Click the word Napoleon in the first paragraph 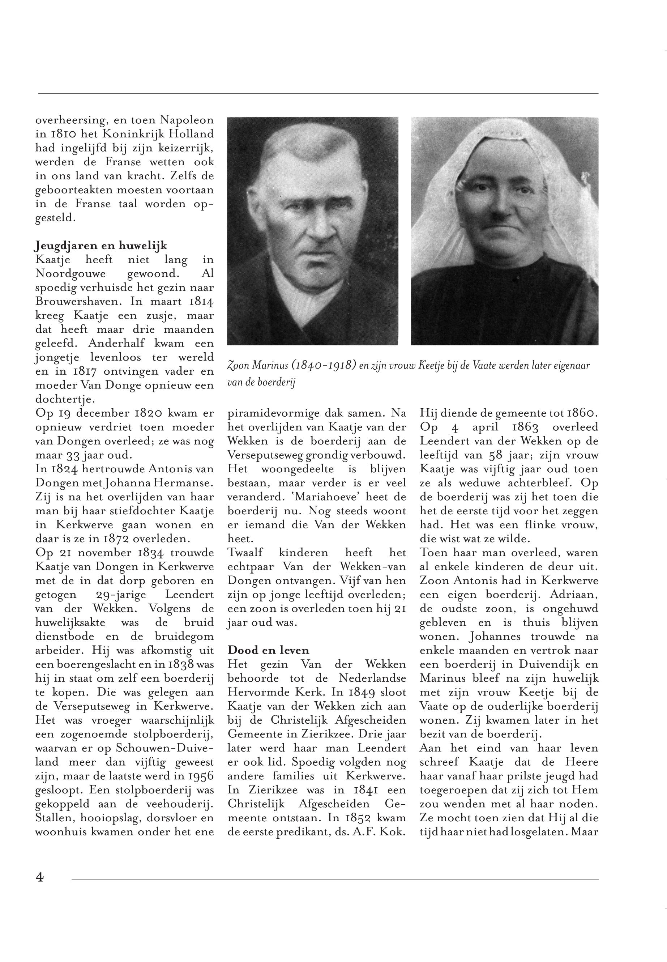[187, 120]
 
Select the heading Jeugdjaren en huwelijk [100, 246]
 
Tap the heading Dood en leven [268, 650]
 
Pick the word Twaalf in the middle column [246, 552]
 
